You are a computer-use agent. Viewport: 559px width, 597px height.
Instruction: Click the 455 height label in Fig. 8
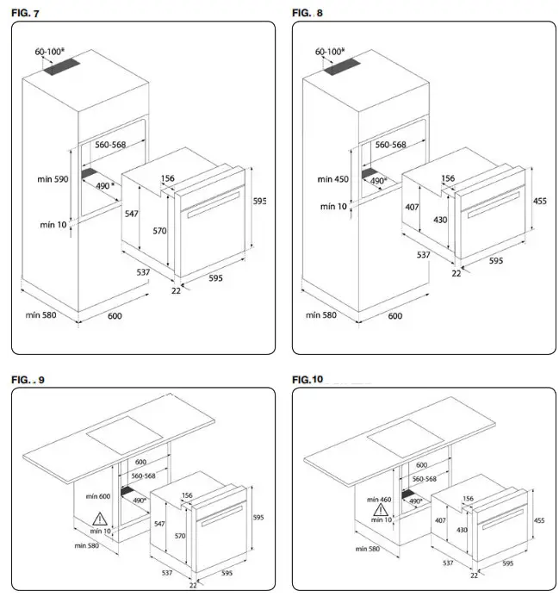[541, 201]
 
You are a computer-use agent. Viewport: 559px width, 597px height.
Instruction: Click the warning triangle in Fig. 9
[101, 519]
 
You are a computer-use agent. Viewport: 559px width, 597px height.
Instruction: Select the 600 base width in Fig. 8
[395, 315]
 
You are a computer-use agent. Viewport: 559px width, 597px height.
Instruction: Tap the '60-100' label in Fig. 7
[52, 53]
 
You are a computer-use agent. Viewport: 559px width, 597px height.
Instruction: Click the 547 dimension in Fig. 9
[158, 523]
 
